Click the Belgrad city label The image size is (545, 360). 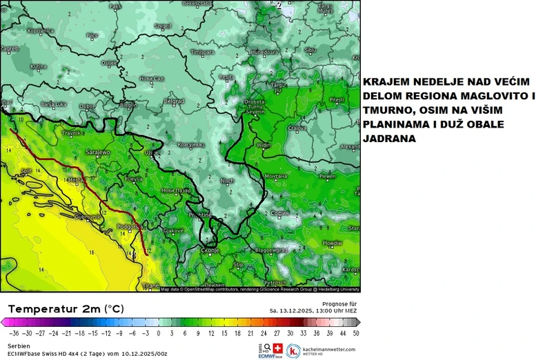pyautogui.click(x=174, y=101)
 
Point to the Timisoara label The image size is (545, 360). pyautogui.click(x=203, y=52)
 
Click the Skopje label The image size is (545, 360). pyautogui.click(x=210, y=250)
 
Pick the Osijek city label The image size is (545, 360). pyautogui.click(x=109, y=63)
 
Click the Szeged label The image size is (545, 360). pyautogui.click(x=163, y=26)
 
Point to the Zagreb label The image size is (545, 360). pyautogui.click(x=9, y=49)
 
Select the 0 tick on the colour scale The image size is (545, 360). pyautogui.click(x=159, y=332)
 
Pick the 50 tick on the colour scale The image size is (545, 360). pyautogui.click(x=356, y=332)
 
